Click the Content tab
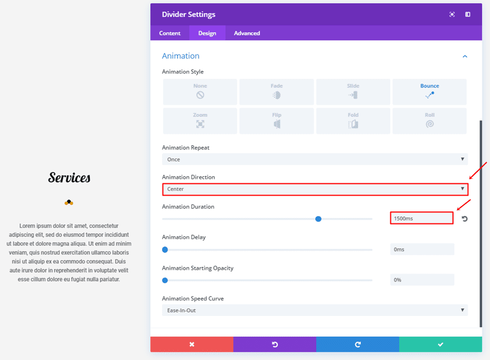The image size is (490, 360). click(170, 33)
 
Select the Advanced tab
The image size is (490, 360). click(247, 33)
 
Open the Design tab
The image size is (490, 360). click(207, 33)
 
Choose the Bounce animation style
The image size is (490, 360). click(429, 91)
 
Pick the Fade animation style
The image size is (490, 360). click(277, 91)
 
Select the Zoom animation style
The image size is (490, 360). click(200, 120)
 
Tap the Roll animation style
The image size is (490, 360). click(429, 120)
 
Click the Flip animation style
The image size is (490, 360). click(277, 120)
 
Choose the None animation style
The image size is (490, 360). click(200, 91)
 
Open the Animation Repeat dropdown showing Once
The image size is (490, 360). click(315, 159)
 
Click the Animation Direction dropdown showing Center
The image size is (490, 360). click(315, 189)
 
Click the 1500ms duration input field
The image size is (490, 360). click(422, 218)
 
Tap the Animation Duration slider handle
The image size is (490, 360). click(318, 219)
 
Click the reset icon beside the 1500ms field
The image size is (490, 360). click(464, 219)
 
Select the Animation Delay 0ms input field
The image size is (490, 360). click(422, 249)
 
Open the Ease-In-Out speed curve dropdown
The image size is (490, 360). click(315, 310)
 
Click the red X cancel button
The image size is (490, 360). click(192, 344)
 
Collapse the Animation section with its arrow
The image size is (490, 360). click(465, 56)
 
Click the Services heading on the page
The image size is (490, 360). click(69, 178)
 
